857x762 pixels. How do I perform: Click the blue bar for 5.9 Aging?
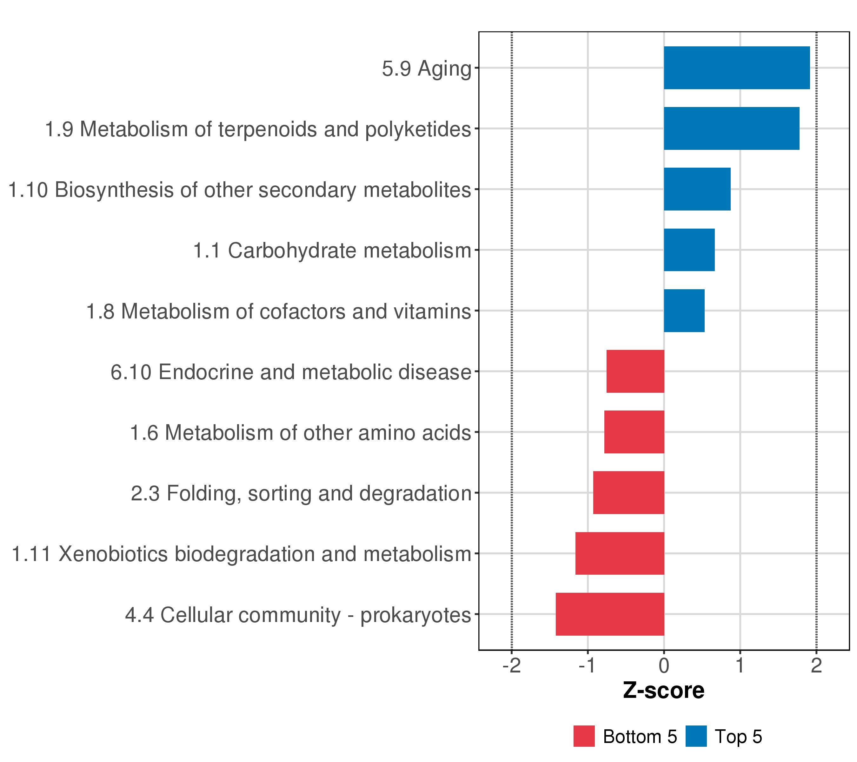736,68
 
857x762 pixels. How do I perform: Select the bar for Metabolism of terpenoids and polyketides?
731,128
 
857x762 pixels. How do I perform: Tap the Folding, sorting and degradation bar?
628,493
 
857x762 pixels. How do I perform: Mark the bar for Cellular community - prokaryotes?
610,614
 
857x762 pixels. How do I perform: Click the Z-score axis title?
664,691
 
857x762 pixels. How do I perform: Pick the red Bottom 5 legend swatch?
584,736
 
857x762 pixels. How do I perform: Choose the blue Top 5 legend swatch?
696,736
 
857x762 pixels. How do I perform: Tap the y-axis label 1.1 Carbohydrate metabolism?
332,251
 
